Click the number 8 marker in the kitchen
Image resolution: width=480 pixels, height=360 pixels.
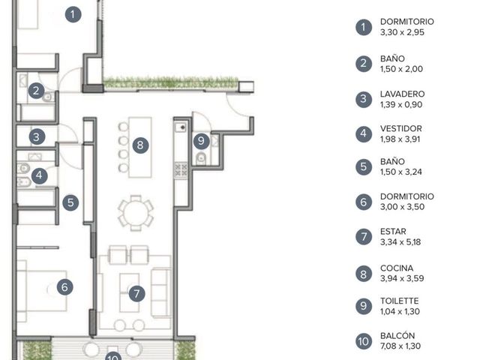140,145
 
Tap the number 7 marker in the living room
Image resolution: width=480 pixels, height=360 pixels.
136,293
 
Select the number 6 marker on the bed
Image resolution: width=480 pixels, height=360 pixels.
65,287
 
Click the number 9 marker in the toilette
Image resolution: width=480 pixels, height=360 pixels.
201,141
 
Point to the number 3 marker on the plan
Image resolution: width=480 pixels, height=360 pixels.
37,136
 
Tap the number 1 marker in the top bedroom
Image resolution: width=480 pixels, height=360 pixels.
73,14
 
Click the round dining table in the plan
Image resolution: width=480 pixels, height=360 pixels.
136,212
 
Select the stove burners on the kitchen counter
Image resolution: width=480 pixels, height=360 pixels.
181,170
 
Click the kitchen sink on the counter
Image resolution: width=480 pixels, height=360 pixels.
180,127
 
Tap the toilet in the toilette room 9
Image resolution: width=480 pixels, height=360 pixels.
201,158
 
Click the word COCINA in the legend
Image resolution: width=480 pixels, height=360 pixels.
397,268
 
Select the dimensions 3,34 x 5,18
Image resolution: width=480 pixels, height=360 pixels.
400,242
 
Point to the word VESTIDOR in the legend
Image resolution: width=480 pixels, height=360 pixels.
401,128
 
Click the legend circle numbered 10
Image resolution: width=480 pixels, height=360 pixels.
364,341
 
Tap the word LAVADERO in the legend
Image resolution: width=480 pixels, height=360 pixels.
402,94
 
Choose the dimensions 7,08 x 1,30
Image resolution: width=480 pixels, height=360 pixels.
400,346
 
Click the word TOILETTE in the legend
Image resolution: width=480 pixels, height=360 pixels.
399,301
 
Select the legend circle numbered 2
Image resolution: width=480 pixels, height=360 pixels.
364,64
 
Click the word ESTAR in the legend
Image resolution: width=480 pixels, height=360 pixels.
393,232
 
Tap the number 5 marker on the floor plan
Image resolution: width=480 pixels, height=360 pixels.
70,202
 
